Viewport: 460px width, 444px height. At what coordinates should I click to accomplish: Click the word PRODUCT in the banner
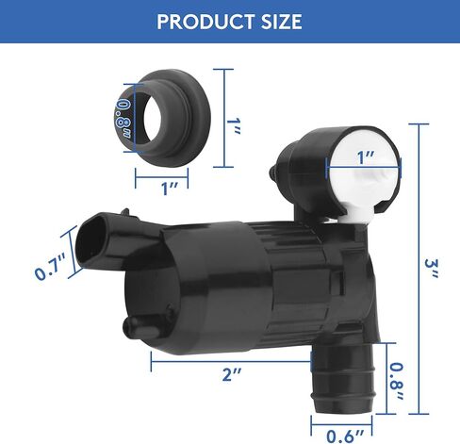click(x=205, y=22)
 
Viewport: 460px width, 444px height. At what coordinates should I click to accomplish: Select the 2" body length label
click(x=232, y=375)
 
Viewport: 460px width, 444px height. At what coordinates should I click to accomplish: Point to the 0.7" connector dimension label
click(x=50, y=266)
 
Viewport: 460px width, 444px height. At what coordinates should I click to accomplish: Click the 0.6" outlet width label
click(x=345, y=436)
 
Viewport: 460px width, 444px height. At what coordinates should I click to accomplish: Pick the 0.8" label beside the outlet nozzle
click(x=397, y=382)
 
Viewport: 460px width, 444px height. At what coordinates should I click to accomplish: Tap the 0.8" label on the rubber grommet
click(x=123, y=118)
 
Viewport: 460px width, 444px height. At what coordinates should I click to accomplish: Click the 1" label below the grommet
click(x=170, y=189)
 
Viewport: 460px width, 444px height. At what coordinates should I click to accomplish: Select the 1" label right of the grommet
click(x=234, y=125)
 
